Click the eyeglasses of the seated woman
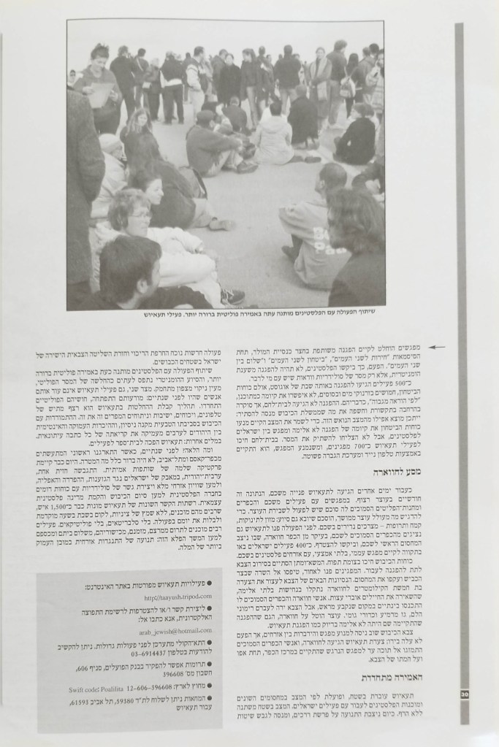point(139,215)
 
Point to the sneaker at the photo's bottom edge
point(233,296)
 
